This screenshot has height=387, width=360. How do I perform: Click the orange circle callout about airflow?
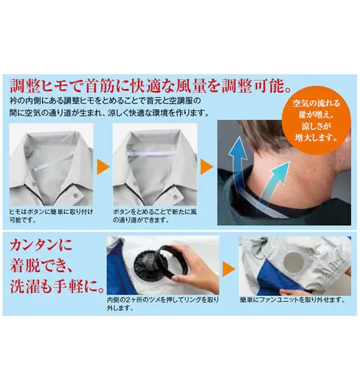click(316, 120)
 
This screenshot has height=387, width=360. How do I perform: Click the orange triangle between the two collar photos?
click(103, 167)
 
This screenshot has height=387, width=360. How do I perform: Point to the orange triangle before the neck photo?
click(206, 167)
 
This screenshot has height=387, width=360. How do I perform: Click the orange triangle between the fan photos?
click(228, 269)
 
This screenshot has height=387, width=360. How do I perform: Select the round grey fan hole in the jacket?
click(294, 262)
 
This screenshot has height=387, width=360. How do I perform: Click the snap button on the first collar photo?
click(76, 195)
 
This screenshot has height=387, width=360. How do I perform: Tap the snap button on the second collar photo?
click(175, 197)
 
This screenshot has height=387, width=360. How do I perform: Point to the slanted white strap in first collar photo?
click(53, 163)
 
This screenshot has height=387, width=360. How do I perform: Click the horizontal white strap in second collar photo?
click(150, 154)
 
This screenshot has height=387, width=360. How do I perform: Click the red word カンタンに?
click(41, 245)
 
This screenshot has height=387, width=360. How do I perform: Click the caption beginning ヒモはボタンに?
click(51, 215)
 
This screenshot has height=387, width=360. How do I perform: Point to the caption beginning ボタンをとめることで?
click(155, 215)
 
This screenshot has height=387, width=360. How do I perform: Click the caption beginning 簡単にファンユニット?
click(292, 300)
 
